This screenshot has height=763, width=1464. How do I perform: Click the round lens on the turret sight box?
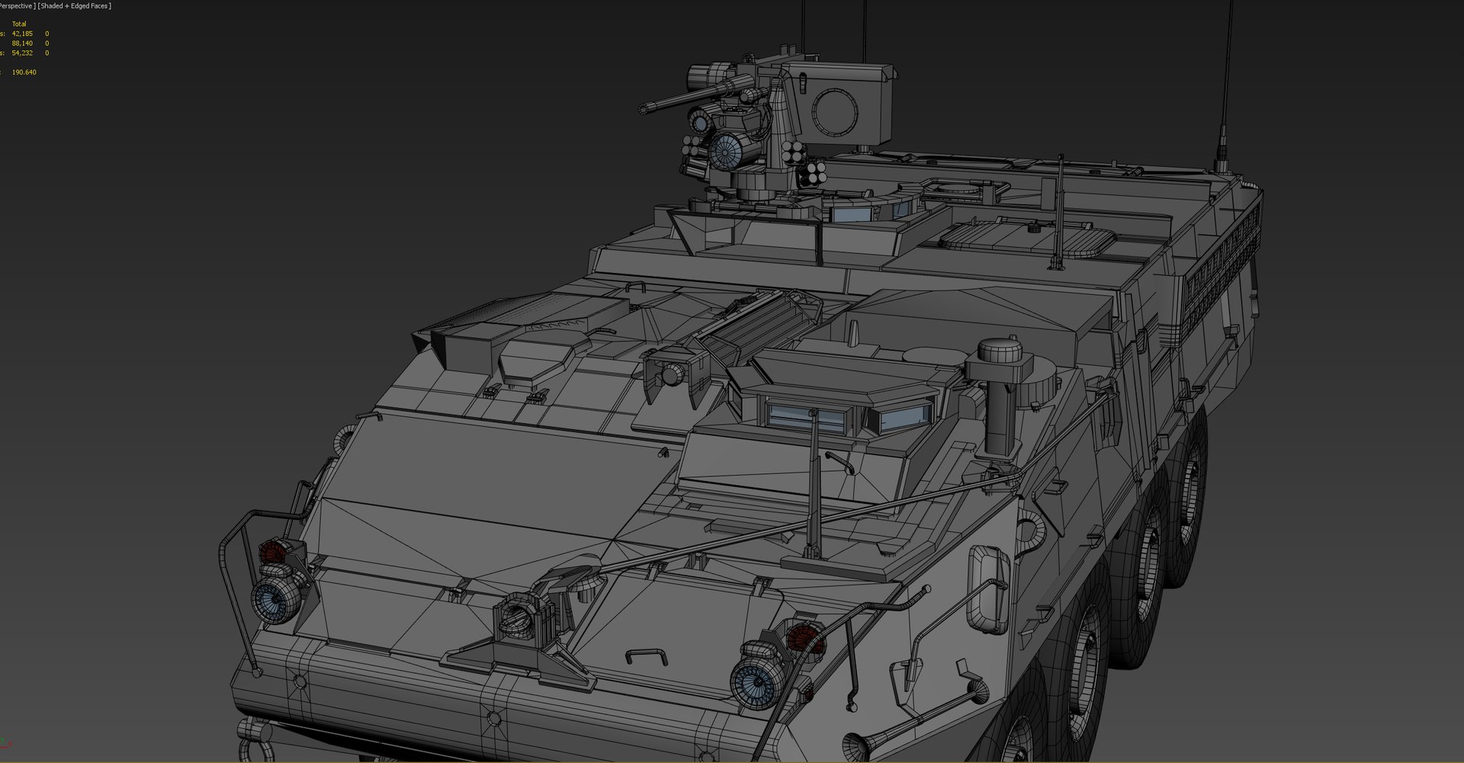pyautogui.click(x=838, y=107)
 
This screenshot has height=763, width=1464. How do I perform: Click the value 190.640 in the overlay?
pyautogui.click(x=24, y=72)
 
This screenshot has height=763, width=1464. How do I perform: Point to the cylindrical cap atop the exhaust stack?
pyautogui.click(x=1000, y=354)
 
